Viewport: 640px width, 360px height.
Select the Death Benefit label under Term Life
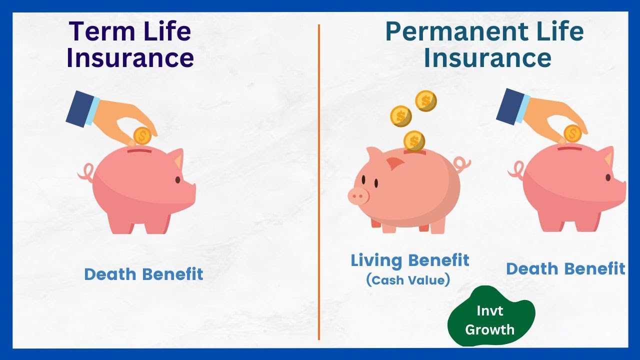click(143, 274)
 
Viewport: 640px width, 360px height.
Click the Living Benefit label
click(409, 260)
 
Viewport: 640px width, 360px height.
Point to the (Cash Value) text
click(408, 280)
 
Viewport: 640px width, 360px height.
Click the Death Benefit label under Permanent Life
click(565, 268)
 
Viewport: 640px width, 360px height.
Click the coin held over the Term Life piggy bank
click(142, 136)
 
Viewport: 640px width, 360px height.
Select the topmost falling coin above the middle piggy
click(426, 101)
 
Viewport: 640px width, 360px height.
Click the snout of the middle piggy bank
click(358, 195)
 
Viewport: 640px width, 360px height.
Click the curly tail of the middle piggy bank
click(462, 163)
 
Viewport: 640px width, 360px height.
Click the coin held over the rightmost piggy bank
click(573, 133)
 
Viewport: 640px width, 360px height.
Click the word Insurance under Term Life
click(129, 57)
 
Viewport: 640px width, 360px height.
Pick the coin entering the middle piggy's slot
click(414, 140)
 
